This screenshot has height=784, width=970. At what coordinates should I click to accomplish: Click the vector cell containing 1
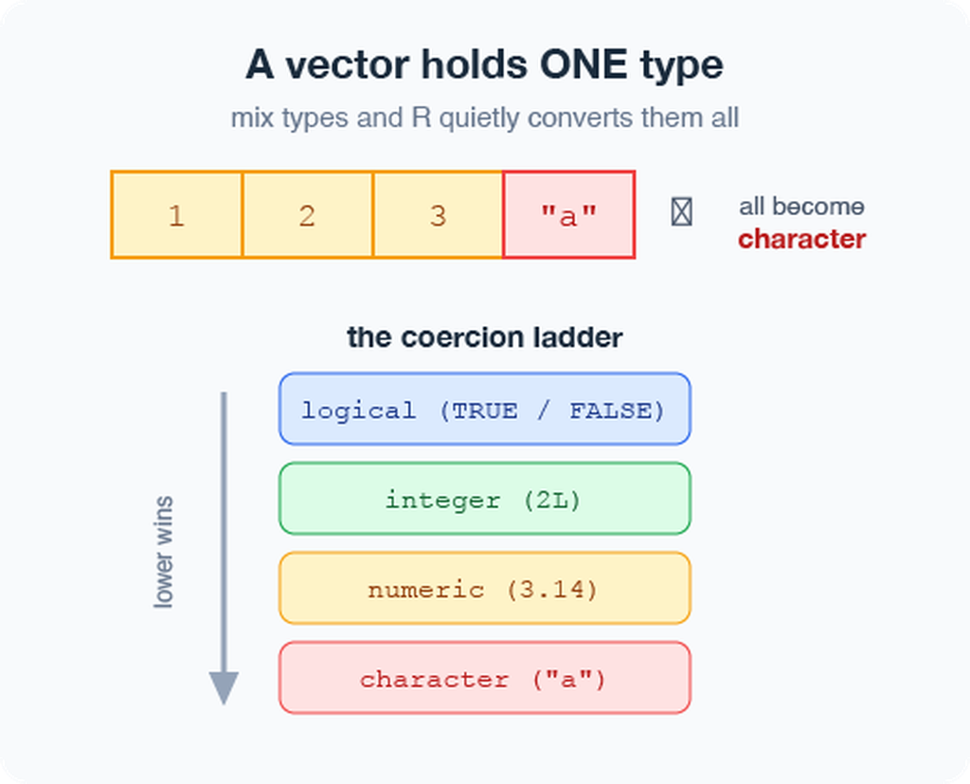(176, 214)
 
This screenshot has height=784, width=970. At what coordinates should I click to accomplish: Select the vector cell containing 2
(308, 214)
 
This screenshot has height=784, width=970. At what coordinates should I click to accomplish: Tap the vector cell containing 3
(438, 214)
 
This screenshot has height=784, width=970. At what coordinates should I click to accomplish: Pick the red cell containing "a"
(569, 214)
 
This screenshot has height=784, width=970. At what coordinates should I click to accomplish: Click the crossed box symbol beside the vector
(682, 211)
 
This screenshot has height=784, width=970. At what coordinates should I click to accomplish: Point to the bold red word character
(801, 239)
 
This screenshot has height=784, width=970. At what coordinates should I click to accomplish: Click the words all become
(801, 207)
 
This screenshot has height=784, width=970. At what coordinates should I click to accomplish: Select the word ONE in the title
(584, 64)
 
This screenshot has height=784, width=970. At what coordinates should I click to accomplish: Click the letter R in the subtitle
(422, 118)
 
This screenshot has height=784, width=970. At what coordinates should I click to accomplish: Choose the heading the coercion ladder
(485, 337)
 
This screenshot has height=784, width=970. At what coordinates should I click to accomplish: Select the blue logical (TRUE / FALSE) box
(485, 409)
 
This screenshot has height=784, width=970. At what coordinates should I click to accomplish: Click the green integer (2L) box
(485, 499)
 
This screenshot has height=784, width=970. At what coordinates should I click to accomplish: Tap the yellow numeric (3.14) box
(485, 589)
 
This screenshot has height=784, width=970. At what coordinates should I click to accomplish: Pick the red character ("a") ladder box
(485, 678)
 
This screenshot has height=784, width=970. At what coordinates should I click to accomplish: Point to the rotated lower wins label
(163, 552)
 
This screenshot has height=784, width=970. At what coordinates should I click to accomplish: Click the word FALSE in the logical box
(611, 410)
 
